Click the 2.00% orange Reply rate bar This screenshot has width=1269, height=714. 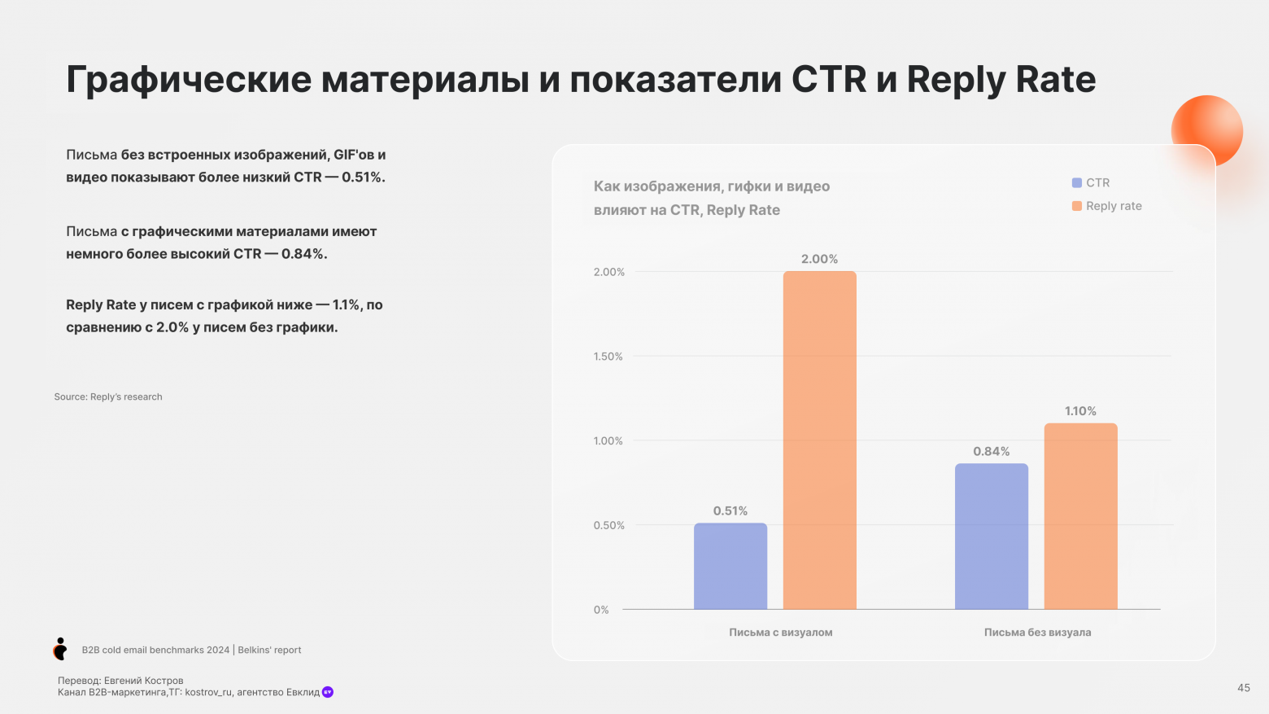tap(819, 440)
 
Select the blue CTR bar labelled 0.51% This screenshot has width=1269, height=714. tap(730, 566)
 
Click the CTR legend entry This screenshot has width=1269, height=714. tap(1091, 183)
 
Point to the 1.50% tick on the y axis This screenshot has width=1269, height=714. tap(608, 357)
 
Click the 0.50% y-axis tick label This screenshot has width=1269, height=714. tap(608, 525)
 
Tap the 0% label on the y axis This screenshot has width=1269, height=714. tap(601, 610)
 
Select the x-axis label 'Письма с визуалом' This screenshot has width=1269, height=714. tap(780, 633)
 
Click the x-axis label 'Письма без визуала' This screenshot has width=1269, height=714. tap(1037, 633)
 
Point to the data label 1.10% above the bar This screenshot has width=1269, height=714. tap(1080, 411)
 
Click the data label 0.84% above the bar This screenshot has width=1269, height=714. tap(991, 451)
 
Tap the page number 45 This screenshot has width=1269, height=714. tap(1243, 688)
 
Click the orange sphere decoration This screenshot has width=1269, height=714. tap(1206, 130)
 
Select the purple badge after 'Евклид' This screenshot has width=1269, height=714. tap(328, 692)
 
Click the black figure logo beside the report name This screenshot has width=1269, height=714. tap(60, 649)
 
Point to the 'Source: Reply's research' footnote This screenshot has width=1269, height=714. tap(108, 397)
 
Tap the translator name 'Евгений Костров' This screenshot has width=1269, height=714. tap(143, 681)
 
